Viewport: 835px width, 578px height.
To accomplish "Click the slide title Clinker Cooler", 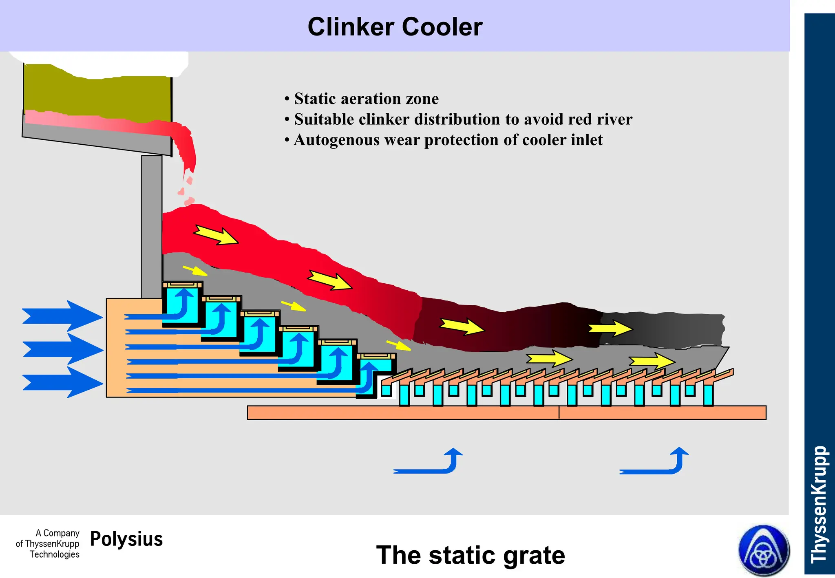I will (395, 27).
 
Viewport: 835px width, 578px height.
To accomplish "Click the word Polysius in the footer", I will (126, 539).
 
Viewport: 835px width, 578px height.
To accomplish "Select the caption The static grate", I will (470, 555).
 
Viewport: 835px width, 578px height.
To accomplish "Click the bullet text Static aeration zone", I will (366, 99).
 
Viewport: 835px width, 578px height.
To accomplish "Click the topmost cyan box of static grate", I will (182, 305).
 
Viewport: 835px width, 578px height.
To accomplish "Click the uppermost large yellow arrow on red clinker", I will (216, 235).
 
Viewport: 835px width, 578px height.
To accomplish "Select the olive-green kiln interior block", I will (98, 96).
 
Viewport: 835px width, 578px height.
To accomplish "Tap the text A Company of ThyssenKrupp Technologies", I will (48, 543).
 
